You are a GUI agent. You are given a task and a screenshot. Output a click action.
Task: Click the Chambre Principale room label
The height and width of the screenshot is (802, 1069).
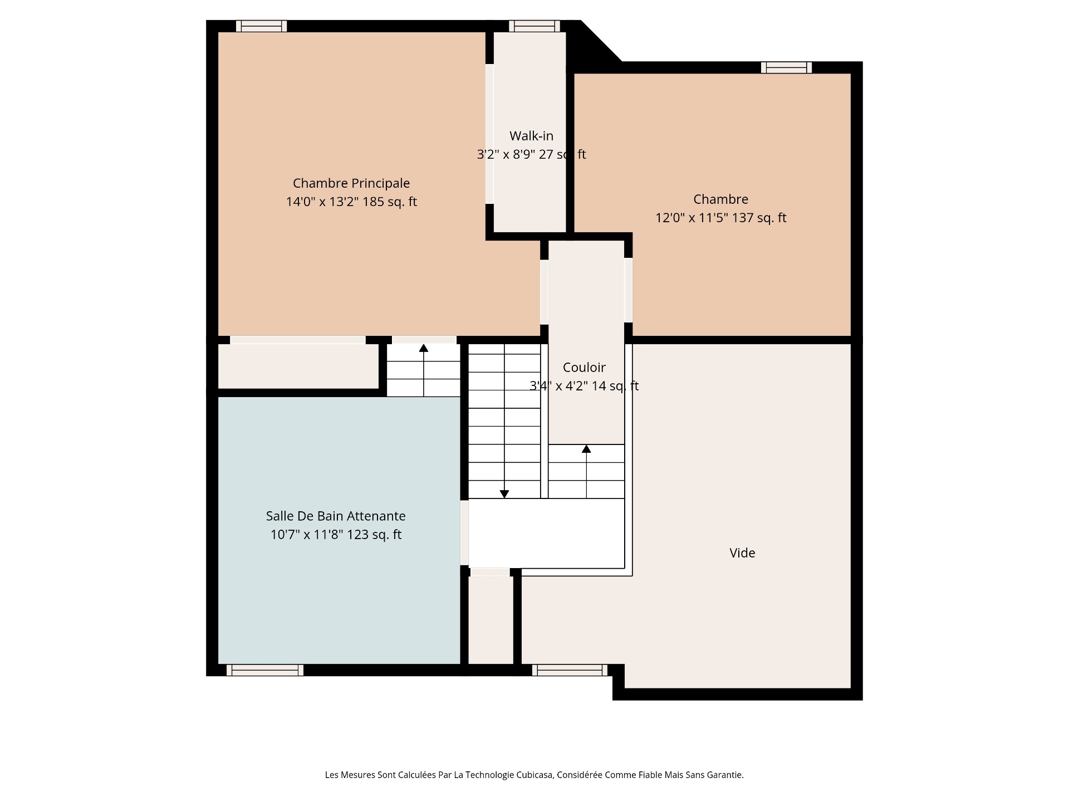click(351, 183)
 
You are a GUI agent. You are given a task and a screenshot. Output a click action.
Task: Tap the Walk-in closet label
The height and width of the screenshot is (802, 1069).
click(531, 136)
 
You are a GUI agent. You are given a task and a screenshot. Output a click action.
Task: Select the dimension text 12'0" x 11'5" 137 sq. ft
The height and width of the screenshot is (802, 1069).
click(720, 218)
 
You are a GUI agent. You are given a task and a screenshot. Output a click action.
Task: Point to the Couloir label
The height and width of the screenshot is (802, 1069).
click(584, 368)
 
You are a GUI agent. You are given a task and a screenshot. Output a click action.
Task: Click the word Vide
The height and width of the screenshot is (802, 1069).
click(742, 553)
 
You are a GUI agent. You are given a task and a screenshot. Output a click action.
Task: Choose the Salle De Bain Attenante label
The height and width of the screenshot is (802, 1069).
click(336, 516)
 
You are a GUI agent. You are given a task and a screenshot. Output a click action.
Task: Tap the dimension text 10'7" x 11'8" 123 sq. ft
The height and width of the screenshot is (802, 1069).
click(336, 535)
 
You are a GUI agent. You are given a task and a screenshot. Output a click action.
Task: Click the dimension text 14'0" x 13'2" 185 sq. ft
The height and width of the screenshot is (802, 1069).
click(351, 202)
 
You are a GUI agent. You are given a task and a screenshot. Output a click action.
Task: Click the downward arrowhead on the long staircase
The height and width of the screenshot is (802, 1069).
click(504, 494)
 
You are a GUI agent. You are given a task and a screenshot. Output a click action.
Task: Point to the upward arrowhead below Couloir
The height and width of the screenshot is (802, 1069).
click(586, 449)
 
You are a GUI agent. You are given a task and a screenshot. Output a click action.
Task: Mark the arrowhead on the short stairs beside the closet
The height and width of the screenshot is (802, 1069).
click(424, 348)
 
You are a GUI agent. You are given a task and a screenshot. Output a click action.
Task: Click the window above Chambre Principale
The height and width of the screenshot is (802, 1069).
click(261, 26)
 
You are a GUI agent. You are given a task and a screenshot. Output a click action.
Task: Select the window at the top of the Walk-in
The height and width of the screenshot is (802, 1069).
click(534, 26)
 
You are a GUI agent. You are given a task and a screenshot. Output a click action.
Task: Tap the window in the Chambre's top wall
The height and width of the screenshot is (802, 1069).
click(786, 67)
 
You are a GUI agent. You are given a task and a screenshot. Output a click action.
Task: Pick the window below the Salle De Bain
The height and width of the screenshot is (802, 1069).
click(265, 670)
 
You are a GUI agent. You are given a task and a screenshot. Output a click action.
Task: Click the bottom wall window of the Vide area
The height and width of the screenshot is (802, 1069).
click(570, 670)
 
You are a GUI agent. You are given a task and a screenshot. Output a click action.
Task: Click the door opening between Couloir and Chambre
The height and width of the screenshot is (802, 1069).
click(628, 290)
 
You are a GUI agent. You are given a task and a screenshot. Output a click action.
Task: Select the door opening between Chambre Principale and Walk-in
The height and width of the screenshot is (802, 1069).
click(489, 134)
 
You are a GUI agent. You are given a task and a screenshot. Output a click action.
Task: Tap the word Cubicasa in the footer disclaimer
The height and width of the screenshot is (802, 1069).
click(536, 775)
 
